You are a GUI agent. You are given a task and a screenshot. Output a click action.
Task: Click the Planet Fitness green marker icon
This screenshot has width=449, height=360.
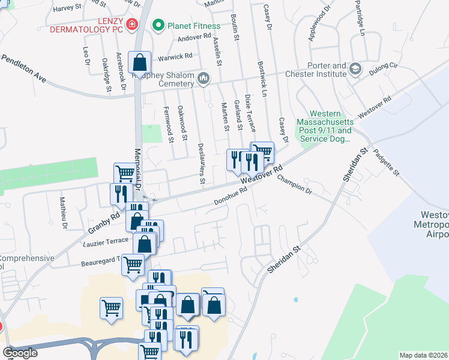tap(158, 25)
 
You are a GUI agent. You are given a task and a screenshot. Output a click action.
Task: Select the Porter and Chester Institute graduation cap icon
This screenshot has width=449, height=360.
tap(355, 70)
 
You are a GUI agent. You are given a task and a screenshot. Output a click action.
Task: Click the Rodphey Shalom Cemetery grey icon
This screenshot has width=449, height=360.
tap(203, 78)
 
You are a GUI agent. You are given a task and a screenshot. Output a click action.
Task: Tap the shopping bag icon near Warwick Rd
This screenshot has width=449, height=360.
tap(139, 62)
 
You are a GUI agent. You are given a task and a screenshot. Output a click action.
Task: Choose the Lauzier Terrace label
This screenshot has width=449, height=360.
tap(106, 241)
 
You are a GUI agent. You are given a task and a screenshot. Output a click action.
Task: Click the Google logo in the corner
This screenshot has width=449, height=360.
tap(20, 353)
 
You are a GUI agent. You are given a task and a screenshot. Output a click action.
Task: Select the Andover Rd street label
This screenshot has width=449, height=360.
tap(194, 37)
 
